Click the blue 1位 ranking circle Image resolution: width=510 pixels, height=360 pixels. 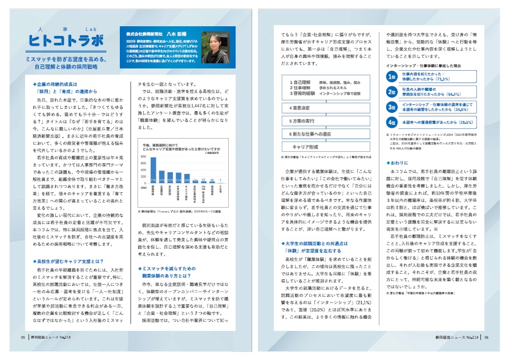pos(392,76)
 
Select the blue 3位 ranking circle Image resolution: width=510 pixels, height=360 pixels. pos(392,107)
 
